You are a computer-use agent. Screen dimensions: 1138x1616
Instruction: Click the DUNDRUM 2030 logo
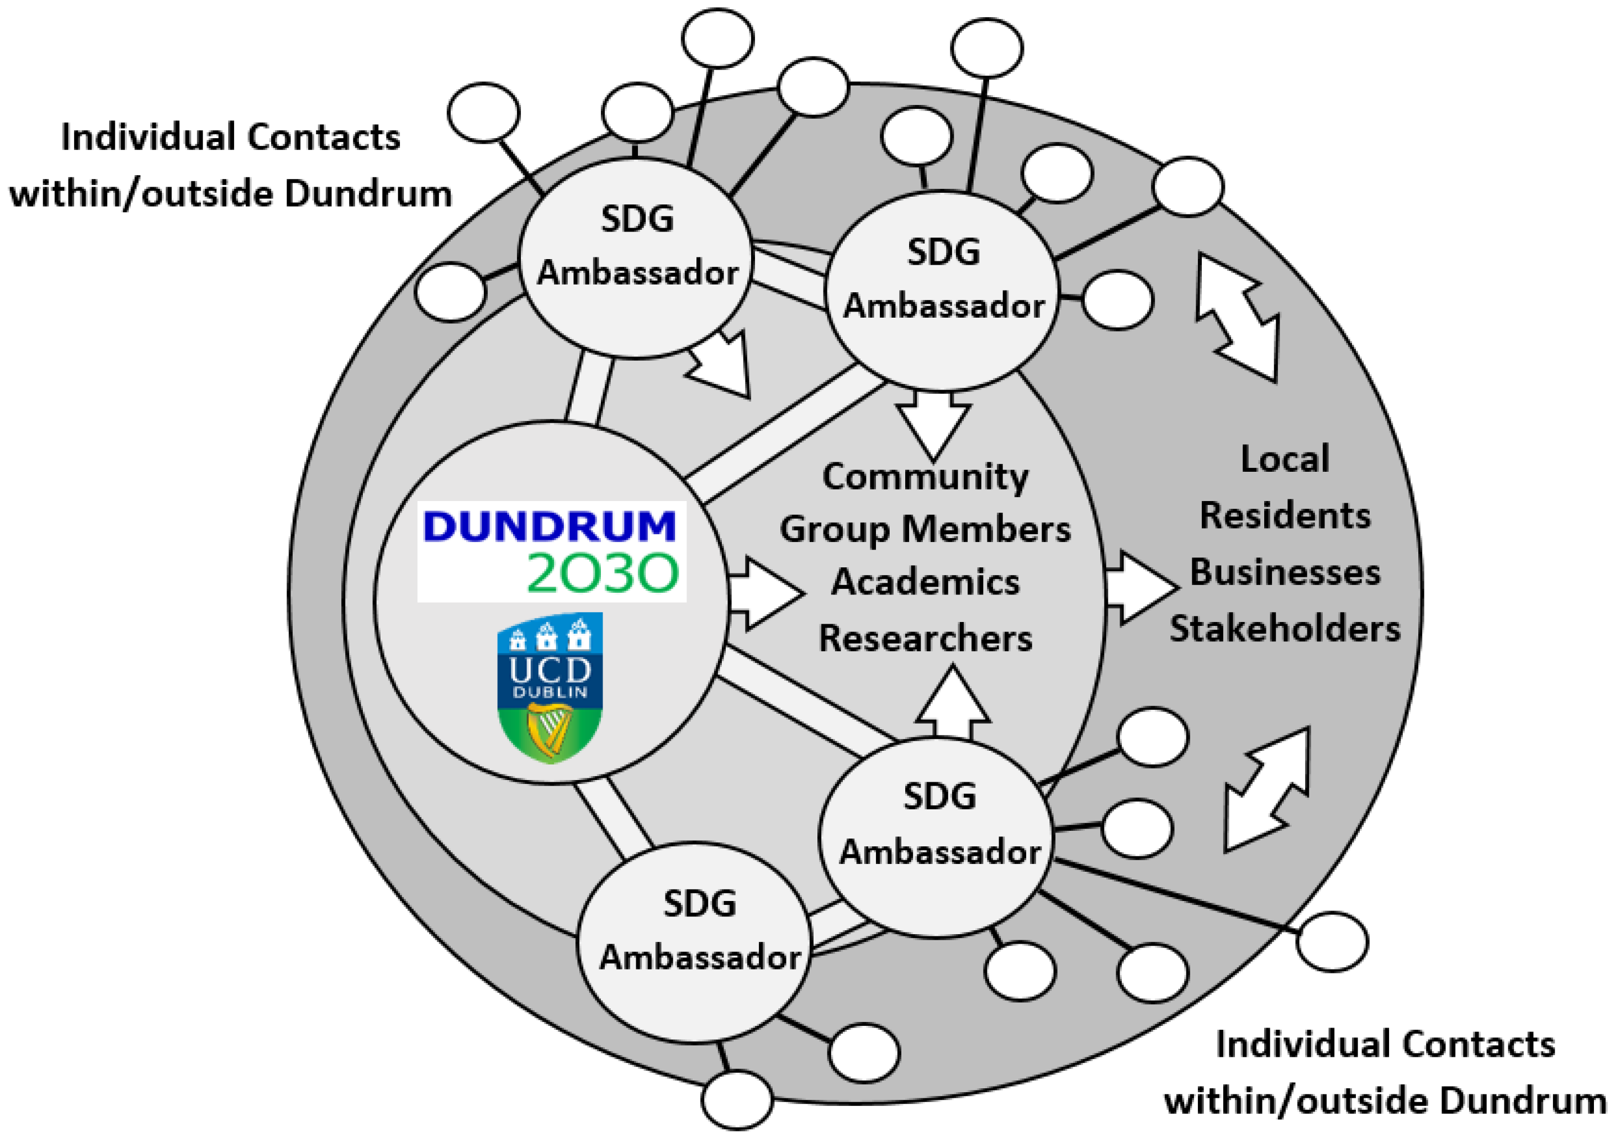coord(551,551)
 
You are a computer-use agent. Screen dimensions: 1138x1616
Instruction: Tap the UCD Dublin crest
coord(550,687)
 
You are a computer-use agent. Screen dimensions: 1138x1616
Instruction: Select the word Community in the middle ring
coord(925,477)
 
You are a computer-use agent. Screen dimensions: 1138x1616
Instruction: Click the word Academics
coord(925,582)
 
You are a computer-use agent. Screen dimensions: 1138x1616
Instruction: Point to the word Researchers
coord(925,639)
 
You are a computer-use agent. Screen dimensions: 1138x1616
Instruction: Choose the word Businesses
coord(1285,572)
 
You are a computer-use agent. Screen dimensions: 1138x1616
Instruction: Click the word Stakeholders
coord(1285,628)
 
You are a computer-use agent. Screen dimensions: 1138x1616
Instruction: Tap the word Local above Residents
coord(1285,459)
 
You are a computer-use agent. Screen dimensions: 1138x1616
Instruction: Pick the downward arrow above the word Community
coord(933,426)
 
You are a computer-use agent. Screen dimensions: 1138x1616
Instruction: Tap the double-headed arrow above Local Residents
coord(1237,318)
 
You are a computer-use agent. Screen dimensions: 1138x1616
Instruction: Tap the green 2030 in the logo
coord(603,572)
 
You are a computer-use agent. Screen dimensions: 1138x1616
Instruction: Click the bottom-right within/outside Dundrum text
coord(1385,1100)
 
